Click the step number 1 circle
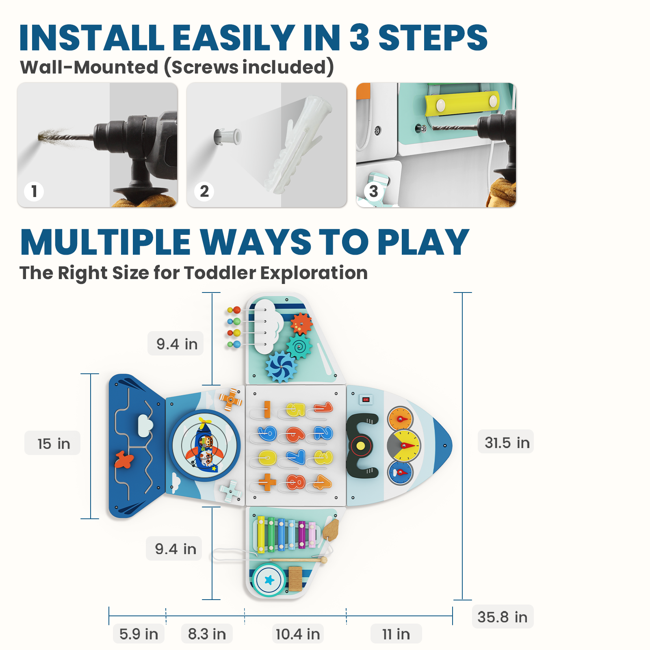(x=34, y=191)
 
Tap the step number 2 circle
(x=204, y=191)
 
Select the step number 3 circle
(x=374, y=191)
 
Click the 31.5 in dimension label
(x=507, y=442)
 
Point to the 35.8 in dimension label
(x=503, y=617)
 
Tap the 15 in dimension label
(x=53, y=443)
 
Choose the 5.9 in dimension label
(x=139, y=634)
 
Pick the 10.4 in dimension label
(x=298, y=634)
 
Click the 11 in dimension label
(x=396, y=634)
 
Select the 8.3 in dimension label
(x=207, y=634)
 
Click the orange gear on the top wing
(x=301, y=324)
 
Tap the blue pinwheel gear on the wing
(x=281, y=367)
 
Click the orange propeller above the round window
(x=231, y=400)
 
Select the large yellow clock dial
(x=404, y=446)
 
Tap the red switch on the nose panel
(x=366, y=400)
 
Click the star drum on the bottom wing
(x=269, y=580)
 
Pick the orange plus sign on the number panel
(x=267, y=483)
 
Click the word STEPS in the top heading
(x=433, y=38)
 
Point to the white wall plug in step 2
(x=227, y=137)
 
